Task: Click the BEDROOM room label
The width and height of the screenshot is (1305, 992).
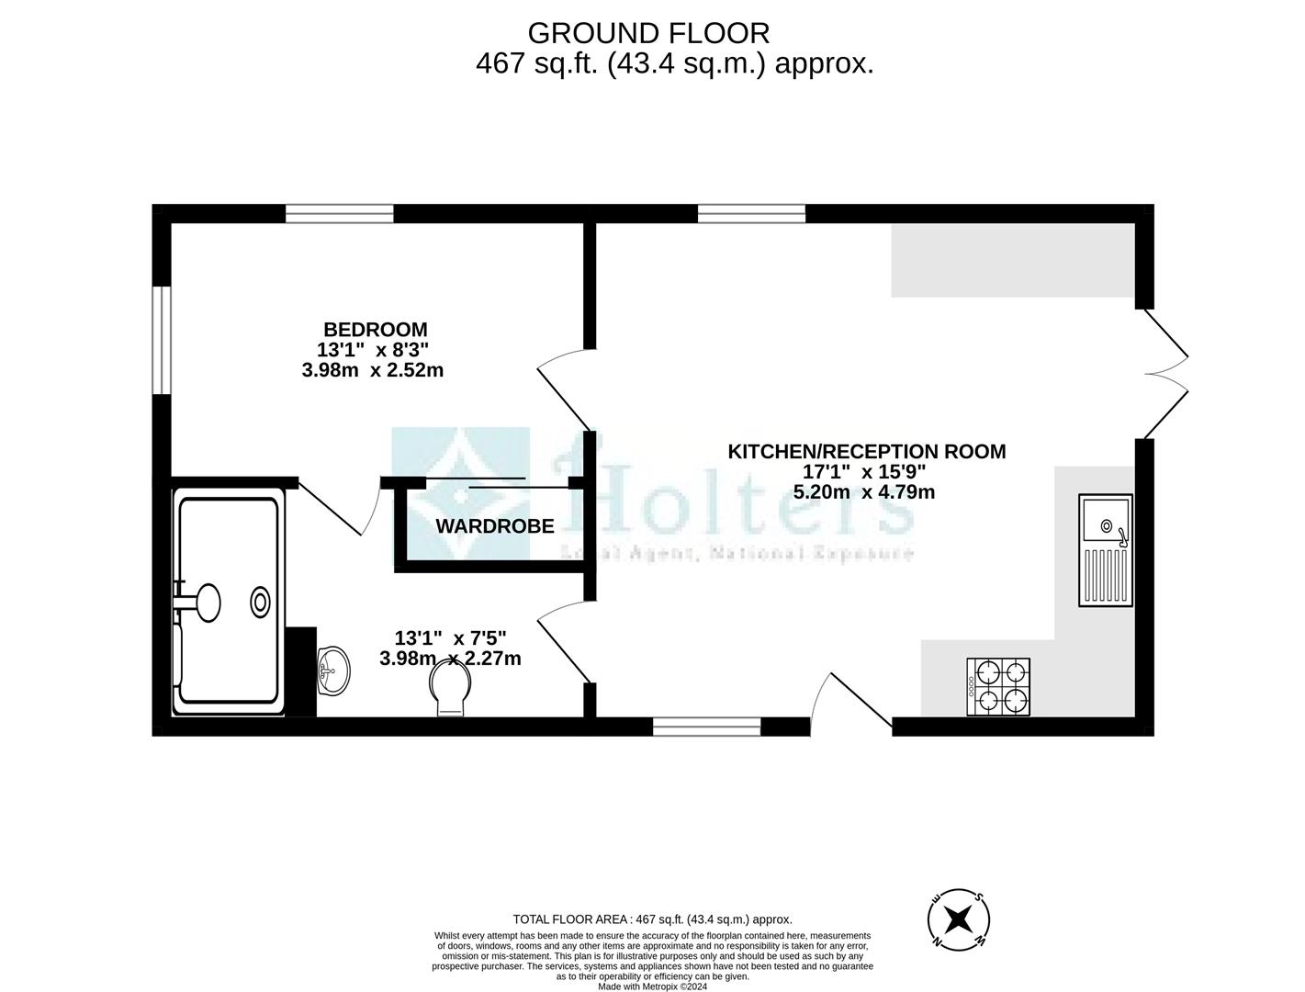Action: click(x=375, y=329)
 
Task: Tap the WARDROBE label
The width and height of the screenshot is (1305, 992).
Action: click(x=494, y=526)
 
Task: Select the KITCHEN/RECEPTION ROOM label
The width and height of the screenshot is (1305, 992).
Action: click(x=866, y=451)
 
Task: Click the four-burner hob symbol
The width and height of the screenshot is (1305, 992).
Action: click(x=998, y=687)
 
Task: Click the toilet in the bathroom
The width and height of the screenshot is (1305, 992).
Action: click(x=450, y=687)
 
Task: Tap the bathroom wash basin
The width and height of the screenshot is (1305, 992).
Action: click(x=332, y=671)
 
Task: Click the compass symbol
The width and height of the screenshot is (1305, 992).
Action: click(x=958, y=918)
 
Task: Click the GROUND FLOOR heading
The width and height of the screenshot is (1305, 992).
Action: click(x=648, y=33)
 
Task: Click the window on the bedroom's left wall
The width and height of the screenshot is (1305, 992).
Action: click(x=162, y=340)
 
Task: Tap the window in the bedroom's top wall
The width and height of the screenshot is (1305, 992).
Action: click(x=339, y=214)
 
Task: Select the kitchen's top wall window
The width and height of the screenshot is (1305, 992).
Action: click(x=751, y=214)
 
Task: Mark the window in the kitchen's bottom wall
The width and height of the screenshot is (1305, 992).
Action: click(x=706, y=727)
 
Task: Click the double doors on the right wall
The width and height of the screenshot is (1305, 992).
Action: click(x=1164, y=374)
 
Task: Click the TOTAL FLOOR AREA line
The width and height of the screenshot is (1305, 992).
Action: click(x=652, y=919)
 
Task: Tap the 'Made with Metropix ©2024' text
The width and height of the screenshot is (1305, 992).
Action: click(x=652, y=986)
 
